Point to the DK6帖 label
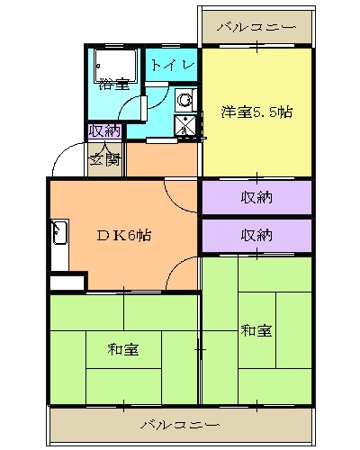click(123, 236)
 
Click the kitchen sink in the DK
click(60, 237)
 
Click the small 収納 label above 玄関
click(103, 131)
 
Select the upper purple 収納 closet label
click(256, 197)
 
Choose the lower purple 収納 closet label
click(256, 236)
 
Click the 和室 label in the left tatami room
click(122, 348)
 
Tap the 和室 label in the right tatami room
click(256, 330)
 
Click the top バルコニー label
click(256, 28)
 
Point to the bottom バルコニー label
click(179, 423)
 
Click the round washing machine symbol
click(184, 100)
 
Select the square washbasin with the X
click(186, 125)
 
